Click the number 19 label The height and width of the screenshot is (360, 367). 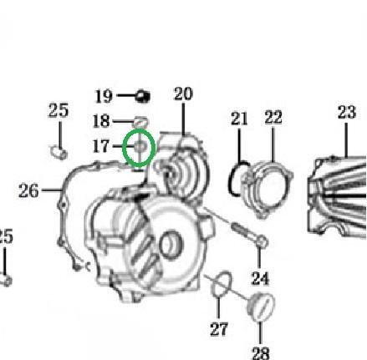click(104, 96)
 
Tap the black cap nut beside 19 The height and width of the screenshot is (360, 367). click(143, 96)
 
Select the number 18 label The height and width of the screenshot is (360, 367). click(101, 121)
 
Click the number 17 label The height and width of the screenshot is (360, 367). click(101, 146)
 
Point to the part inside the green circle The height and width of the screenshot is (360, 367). click(140, 146)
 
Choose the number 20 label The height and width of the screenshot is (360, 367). click(183, 94)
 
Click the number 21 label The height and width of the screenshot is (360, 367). click(239, 119)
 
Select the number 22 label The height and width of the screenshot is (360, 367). click(273, 117)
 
